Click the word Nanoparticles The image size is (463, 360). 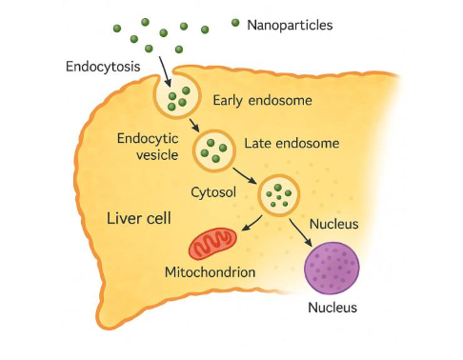point(290,25)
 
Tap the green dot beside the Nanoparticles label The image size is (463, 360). point(235,22)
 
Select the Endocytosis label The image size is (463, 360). point(102,67)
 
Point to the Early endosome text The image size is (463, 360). point(262,100)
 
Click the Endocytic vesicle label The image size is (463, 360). point(148,147)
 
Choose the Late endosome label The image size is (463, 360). point(292,144)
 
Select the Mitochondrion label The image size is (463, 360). point(211,273)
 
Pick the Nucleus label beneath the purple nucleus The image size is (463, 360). point(332,307)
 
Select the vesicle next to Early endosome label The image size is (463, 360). point(177,95)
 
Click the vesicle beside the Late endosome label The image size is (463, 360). point(215,149)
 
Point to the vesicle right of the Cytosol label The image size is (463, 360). point(280,194)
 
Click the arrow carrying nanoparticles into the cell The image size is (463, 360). point(164,68)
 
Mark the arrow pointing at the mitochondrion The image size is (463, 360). point(250,223)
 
